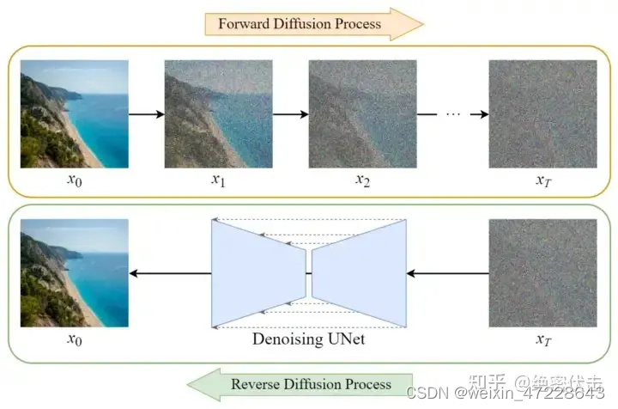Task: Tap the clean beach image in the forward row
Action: tap(74, 113)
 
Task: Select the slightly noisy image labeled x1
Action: tap(218, 113)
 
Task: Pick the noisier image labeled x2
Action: tap(363, 113)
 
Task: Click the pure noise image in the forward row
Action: tap(542, 113)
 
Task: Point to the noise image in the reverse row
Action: tap(542, 273)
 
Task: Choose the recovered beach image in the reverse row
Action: tap(74, 273)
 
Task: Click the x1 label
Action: tap(218, 180)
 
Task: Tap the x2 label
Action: tap(363, 180)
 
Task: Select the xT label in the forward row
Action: tap(542, 180)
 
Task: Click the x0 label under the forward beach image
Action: tap(74, 180)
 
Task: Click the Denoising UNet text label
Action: tap(309, 339)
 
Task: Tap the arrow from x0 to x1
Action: tap(145, 113)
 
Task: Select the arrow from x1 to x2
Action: tap(290, 113)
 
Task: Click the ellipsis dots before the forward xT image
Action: tap(455, 113)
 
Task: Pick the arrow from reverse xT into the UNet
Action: tap(446, 273)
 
